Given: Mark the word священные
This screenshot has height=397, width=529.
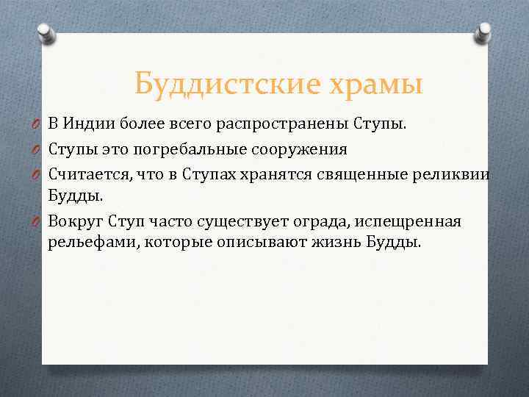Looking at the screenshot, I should pos(332,174).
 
